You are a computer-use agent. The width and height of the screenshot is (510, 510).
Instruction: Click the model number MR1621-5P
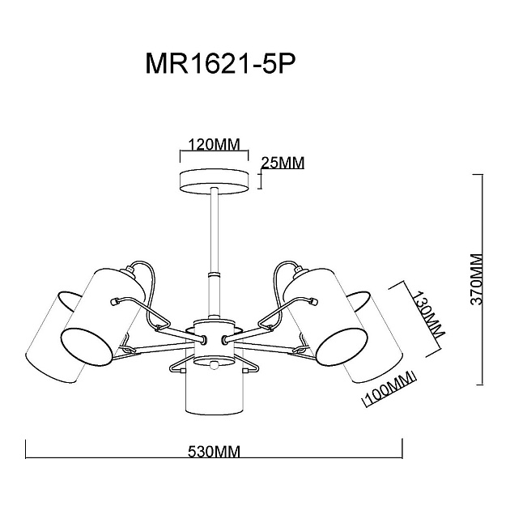coord(216,65)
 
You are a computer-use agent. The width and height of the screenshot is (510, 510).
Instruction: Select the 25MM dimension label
coord(283,163)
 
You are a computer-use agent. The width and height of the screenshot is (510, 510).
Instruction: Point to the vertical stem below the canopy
coord(215,243)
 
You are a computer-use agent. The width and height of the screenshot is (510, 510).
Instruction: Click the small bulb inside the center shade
coord(215,366)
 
